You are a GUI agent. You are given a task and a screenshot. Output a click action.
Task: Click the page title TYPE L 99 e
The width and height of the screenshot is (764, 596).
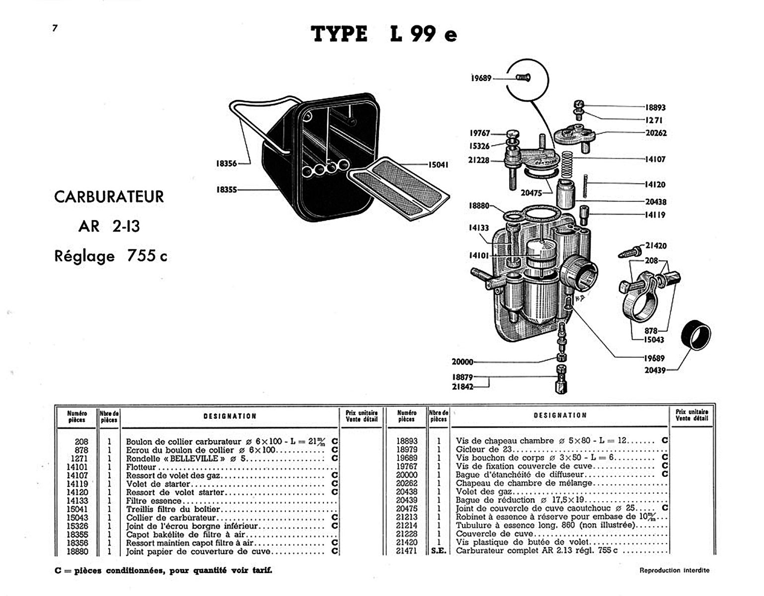click(383, 34)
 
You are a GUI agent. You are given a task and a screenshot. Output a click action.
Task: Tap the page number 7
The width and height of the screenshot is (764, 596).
click(55, 28)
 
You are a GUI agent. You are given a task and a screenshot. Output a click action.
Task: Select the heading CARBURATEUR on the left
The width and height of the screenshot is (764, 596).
click(109, 197)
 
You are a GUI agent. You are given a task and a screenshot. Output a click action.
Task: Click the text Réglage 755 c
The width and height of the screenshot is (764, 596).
click(110, 256)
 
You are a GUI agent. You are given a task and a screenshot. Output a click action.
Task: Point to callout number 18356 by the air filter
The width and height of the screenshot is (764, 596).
click(226, 163)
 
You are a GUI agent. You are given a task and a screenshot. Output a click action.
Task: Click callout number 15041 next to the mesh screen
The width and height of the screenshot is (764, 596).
click(438, 164)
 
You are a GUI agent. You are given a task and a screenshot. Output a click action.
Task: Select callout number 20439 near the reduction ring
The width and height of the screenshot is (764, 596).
click(655, 370)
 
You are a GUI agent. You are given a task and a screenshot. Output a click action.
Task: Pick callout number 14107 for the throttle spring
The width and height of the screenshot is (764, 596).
click(655, 159)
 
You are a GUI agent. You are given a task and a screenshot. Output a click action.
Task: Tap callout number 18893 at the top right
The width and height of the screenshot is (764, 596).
click(655, 107)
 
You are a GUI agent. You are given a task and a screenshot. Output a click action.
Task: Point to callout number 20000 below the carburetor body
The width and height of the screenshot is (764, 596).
click(462, 362)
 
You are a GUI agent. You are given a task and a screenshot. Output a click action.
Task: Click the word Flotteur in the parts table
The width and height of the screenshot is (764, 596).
click(141, 467)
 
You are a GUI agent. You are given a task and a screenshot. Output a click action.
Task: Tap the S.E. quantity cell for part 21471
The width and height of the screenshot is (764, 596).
click(438, 551)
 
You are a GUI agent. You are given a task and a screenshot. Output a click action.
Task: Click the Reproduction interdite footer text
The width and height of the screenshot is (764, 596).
click(674, 570)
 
